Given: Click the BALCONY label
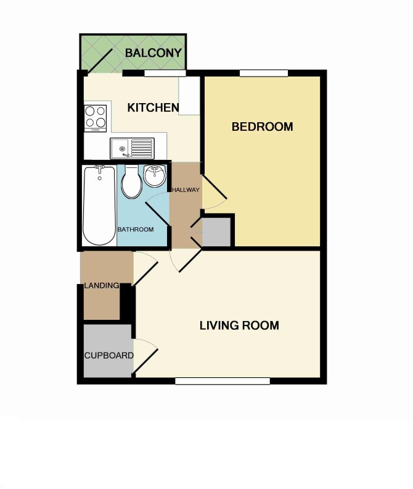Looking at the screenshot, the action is point(153,52).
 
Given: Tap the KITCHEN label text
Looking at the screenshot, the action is point(153,107).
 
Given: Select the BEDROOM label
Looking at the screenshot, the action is point(262,127).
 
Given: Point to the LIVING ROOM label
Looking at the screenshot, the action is point(239,325).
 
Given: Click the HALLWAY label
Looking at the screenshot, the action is point(186,190).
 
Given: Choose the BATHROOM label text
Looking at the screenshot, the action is point(136,230).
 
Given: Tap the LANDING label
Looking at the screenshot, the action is point(102,285).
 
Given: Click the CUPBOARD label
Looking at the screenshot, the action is point(109,356).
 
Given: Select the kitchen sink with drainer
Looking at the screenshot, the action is point(132,148).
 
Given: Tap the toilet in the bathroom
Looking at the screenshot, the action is point(131,182).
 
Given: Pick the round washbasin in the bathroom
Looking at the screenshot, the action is point(155,176).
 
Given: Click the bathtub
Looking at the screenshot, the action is point(99,206).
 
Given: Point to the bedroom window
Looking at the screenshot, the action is point(264,73).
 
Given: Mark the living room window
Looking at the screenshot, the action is point(223,381).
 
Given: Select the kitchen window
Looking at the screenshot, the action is point(165,73).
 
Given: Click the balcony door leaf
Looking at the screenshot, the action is point(100,61).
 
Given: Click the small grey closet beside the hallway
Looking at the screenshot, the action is point(216,232).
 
